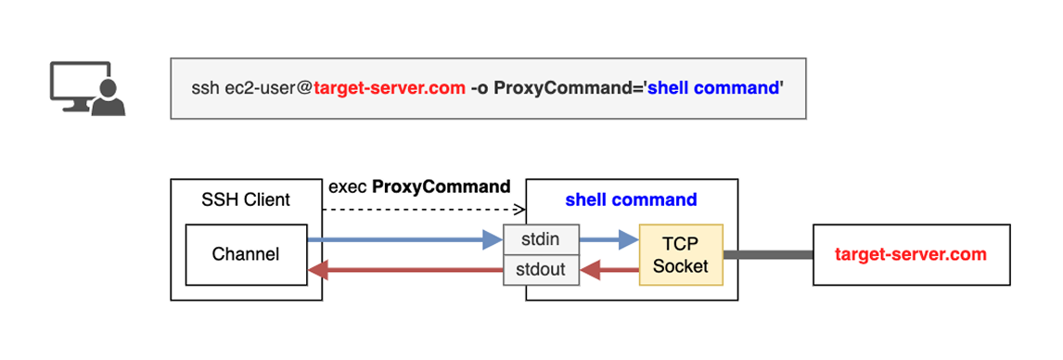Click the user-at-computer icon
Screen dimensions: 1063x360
point(87,88)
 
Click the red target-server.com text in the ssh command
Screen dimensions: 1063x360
point(390,89)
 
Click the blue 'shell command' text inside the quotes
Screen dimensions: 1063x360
point(712,89)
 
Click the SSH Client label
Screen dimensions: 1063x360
point(246,200)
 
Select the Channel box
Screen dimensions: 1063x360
point(246,254)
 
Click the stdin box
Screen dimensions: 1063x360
point(541,239)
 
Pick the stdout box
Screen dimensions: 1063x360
point(541,270)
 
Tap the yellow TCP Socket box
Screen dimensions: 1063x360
point(681,254)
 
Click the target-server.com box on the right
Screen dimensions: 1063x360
point(911,254)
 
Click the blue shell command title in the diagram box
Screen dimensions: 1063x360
point(631,200)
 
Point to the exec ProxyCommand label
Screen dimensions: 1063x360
point(419,186)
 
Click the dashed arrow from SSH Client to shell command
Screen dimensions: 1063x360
point(424,210)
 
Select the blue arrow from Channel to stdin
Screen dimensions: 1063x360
point(404,239)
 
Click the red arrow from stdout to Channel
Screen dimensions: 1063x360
point(404,270)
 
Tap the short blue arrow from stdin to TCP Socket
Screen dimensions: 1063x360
point(608,239)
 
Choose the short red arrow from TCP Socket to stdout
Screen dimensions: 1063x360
point(608,270)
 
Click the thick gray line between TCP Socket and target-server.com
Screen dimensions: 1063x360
point(768,254)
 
